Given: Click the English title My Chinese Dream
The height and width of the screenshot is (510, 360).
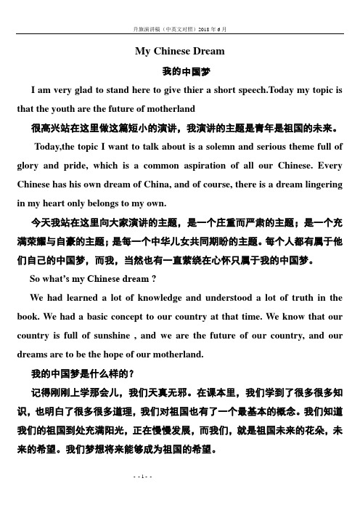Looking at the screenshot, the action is [180, 51].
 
